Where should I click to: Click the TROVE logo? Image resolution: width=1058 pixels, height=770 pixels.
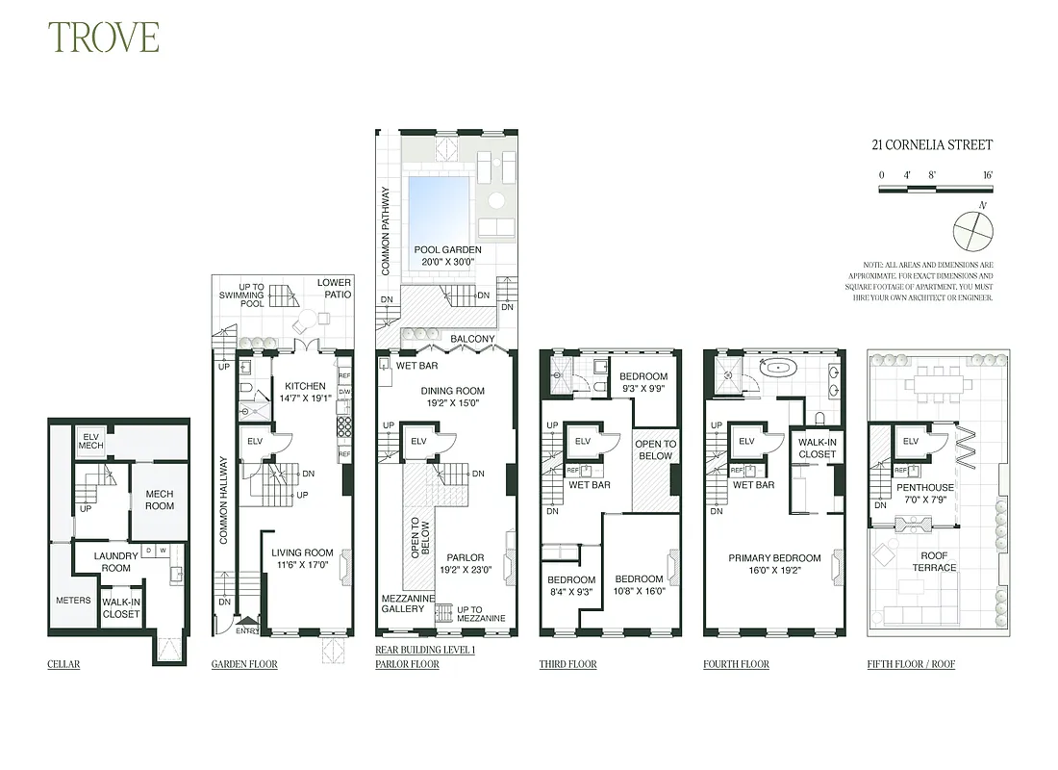(104, 37)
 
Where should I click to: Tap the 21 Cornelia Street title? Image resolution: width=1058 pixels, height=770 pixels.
(931, 145)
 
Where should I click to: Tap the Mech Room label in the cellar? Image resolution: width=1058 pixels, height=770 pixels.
(160, 500)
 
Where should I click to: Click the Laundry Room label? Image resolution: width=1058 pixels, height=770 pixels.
(116, 562)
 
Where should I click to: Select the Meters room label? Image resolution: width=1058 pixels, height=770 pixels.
(73, 601)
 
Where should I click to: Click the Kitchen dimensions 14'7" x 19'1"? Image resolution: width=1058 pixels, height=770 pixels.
(304, 398)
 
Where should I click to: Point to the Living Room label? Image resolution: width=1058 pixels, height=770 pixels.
(302, 552)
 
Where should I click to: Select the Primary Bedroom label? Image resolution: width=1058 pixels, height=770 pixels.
(774, 558)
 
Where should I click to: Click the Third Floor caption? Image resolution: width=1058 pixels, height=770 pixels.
(567, 664)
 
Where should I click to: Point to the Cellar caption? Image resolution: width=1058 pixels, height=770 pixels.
(63, 664)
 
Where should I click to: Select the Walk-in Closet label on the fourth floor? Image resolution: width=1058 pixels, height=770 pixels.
(817, 448)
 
